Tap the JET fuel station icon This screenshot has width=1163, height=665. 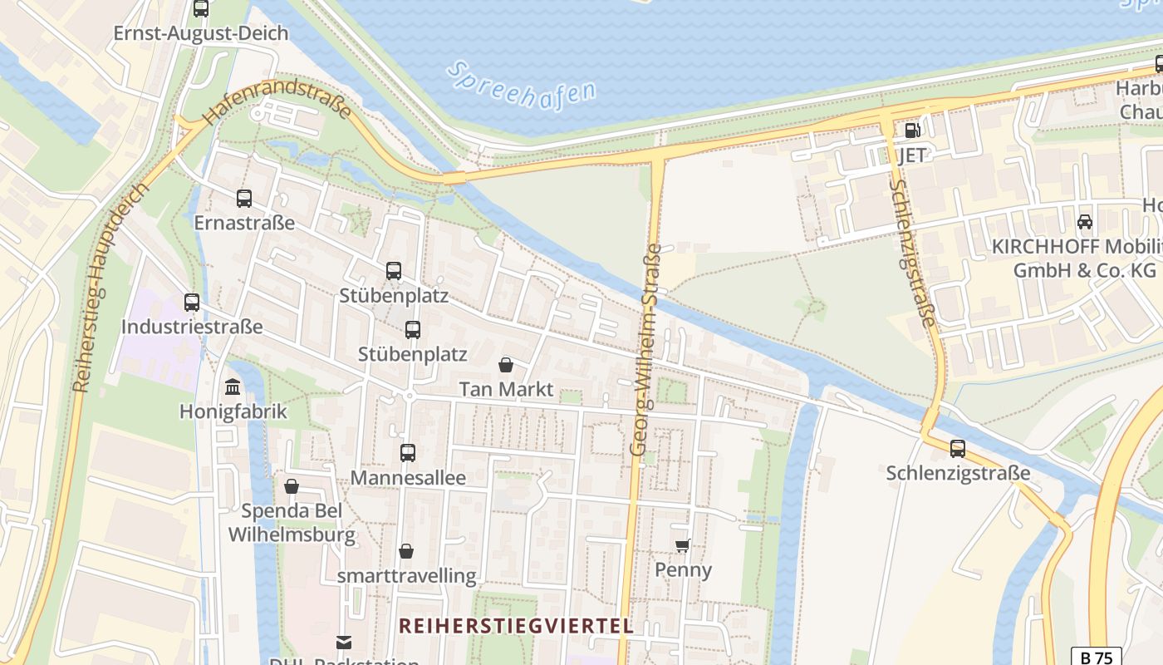[x=911, y=130]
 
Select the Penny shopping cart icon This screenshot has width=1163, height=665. [x=682, y=545]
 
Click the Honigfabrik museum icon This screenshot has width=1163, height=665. [x=233, y=387]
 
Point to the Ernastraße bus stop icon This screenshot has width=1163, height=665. [x=243, y=199]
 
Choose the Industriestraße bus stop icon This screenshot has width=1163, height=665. [x=192, y=303]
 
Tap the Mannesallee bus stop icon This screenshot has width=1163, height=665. [x=407, y=453]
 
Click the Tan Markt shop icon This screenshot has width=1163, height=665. [x=505, y=365]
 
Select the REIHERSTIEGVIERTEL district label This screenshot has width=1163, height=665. [x=516, y=626]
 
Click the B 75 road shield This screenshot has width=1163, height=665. [x=1095, y=658]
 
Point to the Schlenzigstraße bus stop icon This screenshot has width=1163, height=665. [x=957, y=449]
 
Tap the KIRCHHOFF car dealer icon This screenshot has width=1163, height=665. [x=1084, y=222]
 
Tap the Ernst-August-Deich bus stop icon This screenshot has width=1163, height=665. [x=200, y=9]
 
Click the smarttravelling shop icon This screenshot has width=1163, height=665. [x=406, y=551]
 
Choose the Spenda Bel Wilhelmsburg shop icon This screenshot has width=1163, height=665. [x=292, y=486]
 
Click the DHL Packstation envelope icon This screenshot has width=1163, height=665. [x=343, y=642]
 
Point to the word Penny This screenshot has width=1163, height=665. [x=683, y=570]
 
